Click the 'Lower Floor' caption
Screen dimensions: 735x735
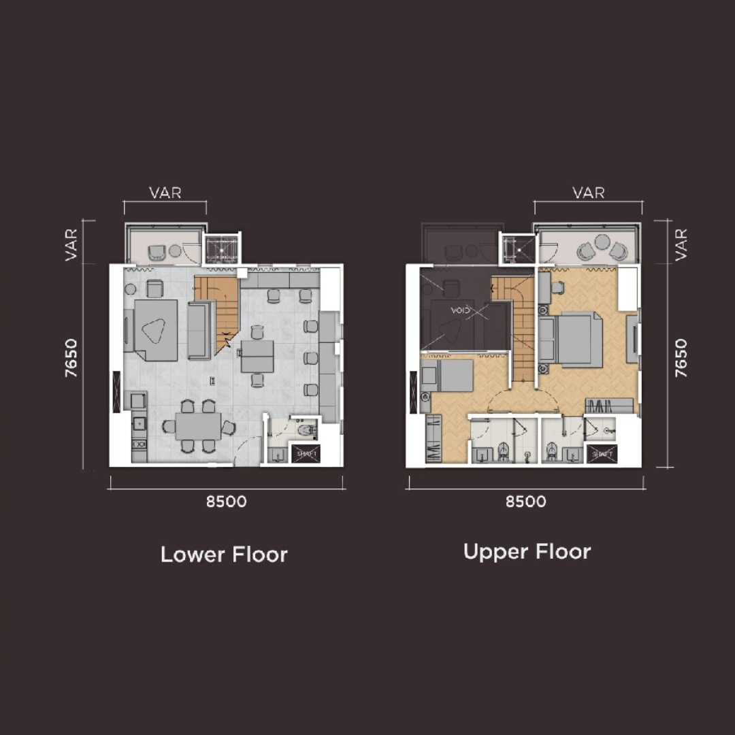coord(224,555)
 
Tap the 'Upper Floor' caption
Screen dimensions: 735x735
coord(527,552)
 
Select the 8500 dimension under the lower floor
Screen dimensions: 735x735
coord(227,502)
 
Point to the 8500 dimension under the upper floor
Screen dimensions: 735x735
coord(526,502)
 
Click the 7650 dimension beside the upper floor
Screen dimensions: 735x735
coord(681,358)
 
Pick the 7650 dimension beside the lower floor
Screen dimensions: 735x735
coord(71,358)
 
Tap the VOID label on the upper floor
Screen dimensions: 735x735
coord(460,310)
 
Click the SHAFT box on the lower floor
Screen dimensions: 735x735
coord(306,453)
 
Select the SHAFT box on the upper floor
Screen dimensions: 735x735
coord(602,454)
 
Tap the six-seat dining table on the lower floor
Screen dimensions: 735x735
coord(198,426)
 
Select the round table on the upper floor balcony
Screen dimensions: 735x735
coord(602,242)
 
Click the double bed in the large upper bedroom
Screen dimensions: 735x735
coord(574,340)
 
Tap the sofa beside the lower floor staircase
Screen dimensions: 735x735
coord(199,331)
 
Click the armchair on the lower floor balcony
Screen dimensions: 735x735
coord(157,252)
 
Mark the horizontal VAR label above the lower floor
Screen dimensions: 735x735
coord(165,193)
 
